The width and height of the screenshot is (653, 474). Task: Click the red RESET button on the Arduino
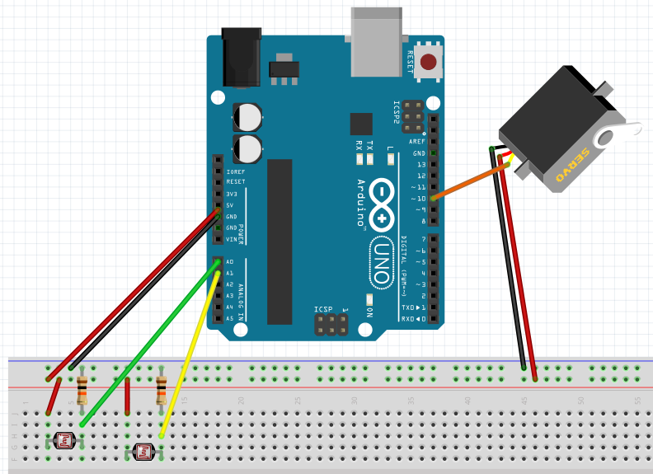tap(429, 61)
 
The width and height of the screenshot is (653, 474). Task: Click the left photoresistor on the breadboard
tap(63, 441)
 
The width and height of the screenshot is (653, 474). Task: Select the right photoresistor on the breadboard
tap(144, 451)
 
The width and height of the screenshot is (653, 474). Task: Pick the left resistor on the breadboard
tap(82, 390)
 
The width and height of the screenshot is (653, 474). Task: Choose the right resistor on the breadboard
tap(161, 390)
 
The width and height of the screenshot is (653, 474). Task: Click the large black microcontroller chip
tap(280, 240)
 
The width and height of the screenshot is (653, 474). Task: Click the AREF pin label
tap(416, 142)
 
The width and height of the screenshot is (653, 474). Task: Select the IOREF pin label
tap(236, 171)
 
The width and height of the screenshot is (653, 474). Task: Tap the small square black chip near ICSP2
tap(361, 124)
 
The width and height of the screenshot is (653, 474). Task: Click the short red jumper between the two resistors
tap(128, 397)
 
